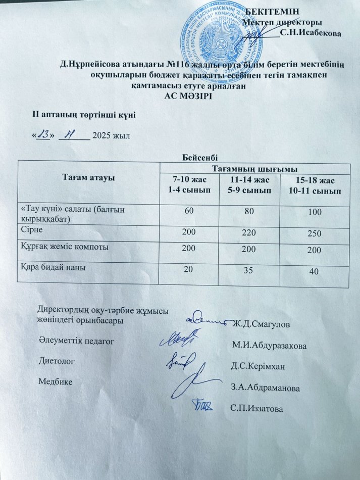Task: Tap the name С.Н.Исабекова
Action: pyautogui.click(x=310, y=33)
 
